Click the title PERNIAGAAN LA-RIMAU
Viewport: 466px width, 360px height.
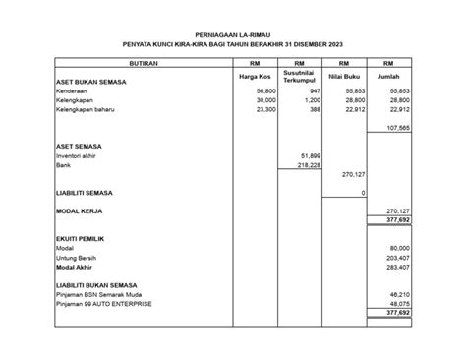233,34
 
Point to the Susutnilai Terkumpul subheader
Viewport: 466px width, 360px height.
300,77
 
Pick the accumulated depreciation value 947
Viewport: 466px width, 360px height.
315,90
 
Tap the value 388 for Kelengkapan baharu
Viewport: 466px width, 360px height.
315,109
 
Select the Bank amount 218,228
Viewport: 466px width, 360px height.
309,165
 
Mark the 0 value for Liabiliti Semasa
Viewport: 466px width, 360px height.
362,193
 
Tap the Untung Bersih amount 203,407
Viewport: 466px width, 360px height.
397,257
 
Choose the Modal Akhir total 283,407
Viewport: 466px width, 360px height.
397,266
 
